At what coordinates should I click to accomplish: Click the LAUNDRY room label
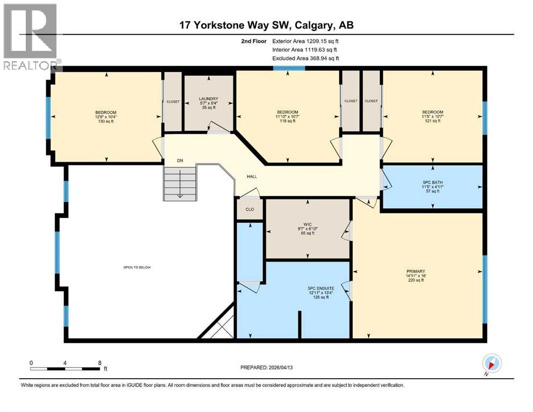click(208, 99)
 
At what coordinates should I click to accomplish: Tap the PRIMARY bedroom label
click(416, 271)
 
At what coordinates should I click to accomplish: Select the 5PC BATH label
click(433, 182)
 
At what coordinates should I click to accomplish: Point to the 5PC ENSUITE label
click(321, 289)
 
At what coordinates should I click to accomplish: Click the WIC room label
click(308, 224)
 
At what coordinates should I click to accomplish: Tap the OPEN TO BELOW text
click(137, 267)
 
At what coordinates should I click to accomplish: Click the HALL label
click(252, 176)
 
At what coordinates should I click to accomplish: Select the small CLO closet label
click(250, 209)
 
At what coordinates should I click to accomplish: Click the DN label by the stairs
click(180, 160)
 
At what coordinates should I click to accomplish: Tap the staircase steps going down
click(180, 183)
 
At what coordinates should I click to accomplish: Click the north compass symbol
click(492, 364)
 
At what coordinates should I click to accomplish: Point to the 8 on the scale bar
click(100, 363)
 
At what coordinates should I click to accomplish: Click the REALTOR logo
click(30, 36)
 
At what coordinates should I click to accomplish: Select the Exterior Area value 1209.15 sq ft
click(323, 41)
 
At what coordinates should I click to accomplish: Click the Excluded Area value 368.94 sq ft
click(324, 58)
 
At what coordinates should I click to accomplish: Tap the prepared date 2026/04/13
click(280, 367)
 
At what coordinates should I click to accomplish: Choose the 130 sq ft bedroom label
click(106, 116)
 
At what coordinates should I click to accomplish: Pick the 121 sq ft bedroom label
click(433, 116)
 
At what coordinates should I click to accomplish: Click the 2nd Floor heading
click(254, 41)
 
